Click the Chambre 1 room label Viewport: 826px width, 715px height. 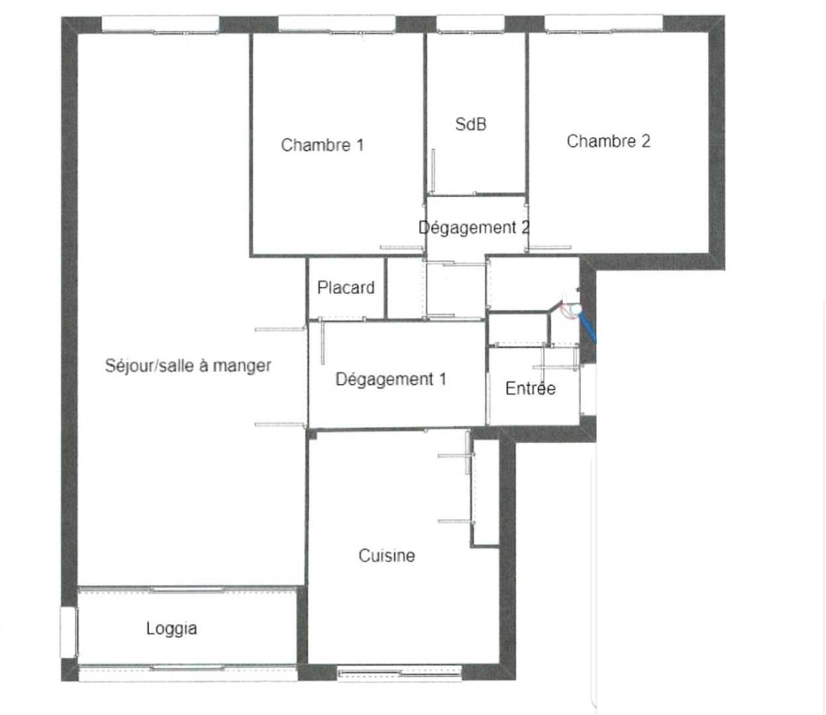pyautogui.click(x=322, y=145)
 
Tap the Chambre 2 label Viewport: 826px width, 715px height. pyautogui.click(x=608, y=141)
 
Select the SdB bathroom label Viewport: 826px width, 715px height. pyautogui.click(x=471, y=124)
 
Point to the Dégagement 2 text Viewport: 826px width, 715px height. pyautogui.click(x=474, y=228)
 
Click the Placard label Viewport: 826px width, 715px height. pyautogui.click(x=346, y=288)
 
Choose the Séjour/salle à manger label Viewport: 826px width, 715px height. pyautogui.click(x=188, y=365)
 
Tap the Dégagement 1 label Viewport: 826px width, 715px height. pyautogui.click(x=390, y=379)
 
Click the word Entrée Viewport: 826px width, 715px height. pyautogui.click(x=530, y=389)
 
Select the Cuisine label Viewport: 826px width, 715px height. pyautogui.click(x=387, y=555)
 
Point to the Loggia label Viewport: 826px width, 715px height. pyautogui.click(x=172, y=628)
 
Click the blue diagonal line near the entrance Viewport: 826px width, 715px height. pyautogui.click(x=589, y=328)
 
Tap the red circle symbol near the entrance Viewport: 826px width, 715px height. pyautogui.click(x=568, y=309)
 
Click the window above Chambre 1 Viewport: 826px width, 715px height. pyautogui.click(x=336, y=24)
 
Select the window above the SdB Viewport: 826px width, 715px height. pyautogui.click(x=470, y=24)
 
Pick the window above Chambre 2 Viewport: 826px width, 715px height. pyautogui.click(x=603, y=24)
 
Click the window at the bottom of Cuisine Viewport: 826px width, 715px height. pyautogui.click(x=399, y=675)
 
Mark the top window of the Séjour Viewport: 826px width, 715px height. pyautogui.click(x=160, y=24)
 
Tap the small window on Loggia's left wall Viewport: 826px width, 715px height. pyautogui.click(x=67, y=632)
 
